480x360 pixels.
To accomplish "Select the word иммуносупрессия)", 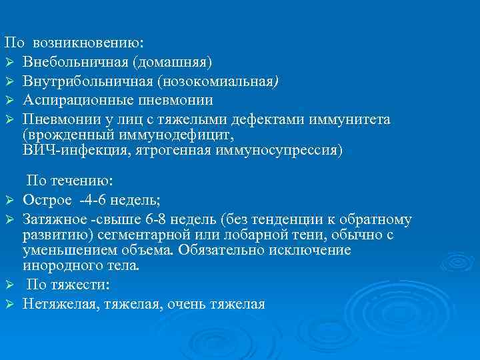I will coord(279,150).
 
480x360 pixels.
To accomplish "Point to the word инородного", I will coord(60,266).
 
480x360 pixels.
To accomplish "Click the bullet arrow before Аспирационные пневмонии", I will coord(9,101).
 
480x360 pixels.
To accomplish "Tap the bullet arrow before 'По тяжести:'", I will coord(9,285).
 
